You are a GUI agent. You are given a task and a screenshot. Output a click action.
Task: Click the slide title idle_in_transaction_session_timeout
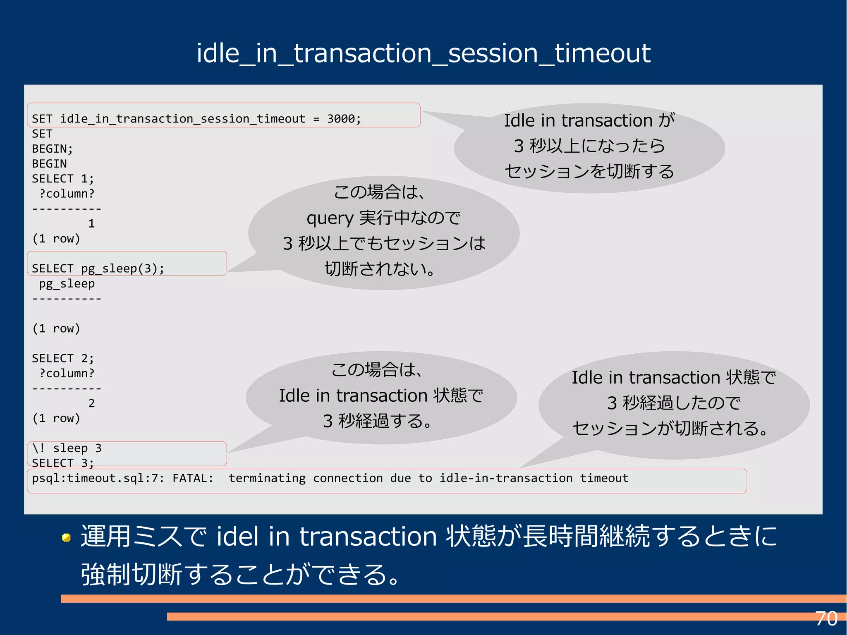click(423, 54)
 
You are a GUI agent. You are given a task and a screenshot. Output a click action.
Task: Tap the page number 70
click(826, 619)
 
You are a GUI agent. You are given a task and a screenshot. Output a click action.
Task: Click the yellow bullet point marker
click(66, 537)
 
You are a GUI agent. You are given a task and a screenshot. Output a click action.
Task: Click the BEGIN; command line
click(53, 149)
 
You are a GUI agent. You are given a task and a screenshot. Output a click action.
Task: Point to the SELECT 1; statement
click(63, 179)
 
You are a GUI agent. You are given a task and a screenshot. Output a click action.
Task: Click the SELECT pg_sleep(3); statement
click(98, 268)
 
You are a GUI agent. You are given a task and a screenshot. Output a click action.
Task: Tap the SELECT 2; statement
click(63, 358)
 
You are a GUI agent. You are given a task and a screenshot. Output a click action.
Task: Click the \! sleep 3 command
click(67, 448)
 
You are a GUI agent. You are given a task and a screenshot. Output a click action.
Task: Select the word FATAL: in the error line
click(193, 478)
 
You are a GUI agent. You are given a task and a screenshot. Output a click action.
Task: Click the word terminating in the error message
click(267, 478)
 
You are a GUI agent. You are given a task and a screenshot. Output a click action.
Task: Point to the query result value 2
click(91, 403)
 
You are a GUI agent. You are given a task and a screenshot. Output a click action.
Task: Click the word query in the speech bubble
click(330, 218)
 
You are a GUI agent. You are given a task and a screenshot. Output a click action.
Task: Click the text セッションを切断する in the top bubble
click(589, 171)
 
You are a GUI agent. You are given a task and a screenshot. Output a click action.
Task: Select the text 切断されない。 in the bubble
click(380, 269)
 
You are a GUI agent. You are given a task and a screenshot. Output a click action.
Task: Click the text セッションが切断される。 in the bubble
click(670, 429)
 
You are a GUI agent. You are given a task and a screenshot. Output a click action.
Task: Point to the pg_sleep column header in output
click(67, 284)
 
